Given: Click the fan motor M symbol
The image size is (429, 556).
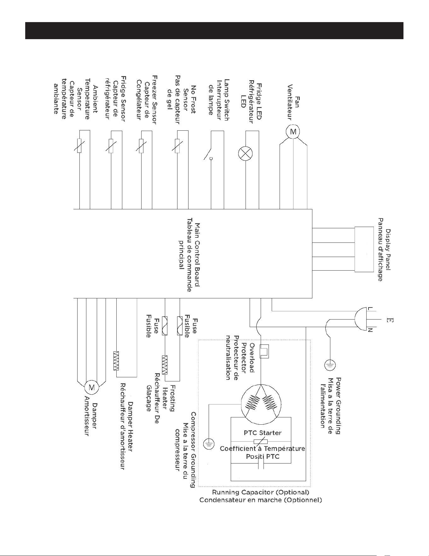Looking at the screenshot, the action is click(293, 132).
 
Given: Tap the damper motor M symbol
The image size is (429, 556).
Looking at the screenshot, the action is click(91, 387).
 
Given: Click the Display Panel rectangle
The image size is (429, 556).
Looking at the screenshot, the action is click(363, 249).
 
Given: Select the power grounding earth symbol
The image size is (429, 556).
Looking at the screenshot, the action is click(330, 365).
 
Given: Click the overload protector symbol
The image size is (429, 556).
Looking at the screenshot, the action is click(264, 351).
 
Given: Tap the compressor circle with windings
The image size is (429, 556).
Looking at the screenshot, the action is click(261, 404).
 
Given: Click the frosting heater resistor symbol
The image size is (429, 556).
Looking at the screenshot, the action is click(165, 365).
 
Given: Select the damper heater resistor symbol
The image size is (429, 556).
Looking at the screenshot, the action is click(116, 361).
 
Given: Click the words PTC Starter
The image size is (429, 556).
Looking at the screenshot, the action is click(263, 433).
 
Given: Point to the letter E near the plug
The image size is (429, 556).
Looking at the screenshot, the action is click(390, 320).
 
